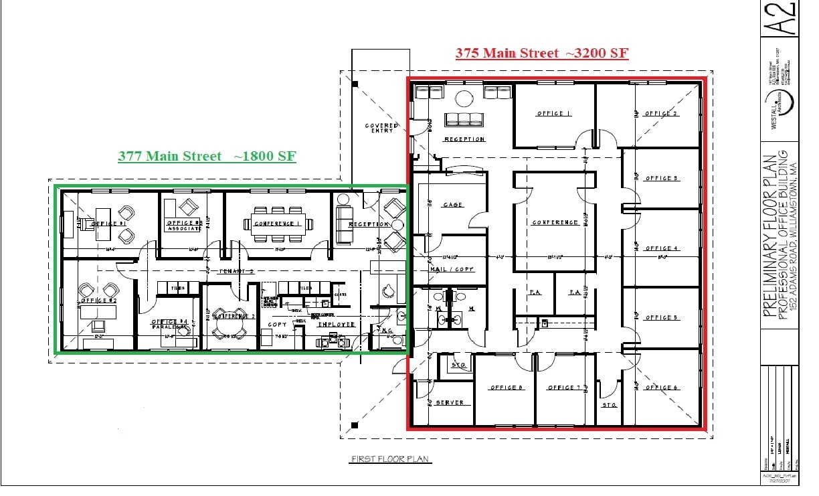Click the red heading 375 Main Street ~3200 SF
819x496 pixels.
point(542,53)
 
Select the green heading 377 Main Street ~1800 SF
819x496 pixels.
point(207,156)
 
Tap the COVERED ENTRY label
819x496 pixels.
point(381,129)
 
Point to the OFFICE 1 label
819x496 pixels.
point(554,114)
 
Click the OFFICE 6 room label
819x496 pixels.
point(662,388)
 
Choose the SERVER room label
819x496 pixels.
point(449,403)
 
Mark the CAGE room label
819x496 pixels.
point(453,205)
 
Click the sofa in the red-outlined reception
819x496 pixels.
point(464,120)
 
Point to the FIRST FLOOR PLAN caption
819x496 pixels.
point(391,459)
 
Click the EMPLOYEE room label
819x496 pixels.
point(336,325)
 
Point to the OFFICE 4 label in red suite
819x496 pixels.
point(662,248)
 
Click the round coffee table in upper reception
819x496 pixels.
point(463,99)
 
